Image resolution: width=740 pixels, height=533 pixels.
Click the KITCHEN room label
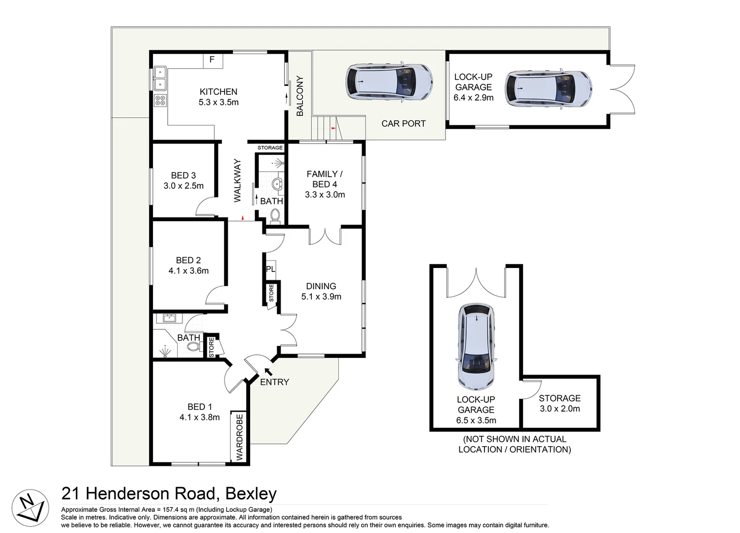click(x=219, y=92)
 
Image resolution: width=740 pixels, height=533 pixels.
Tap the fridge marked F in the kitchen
click(x=212, y=60)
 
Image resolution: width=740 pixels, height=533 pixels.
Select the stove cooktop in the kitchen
click(x=160, y=101)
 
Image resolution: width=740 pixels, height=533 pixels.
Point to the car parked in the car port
click(x=389, y=82)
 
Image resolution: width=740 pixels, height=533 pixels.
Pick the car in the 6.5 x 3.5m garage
click(x=476, y=346)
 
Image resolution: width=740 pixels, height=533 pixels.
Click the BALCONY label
click(x=300, y=96)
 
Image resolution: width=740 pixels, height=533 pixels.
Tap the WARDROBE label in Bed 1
click(x=240, y=437)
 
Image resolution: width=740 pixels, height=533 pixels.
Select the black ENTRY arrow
click(x=268, y=371)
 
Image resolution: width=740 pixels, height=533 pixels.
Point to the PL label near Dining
click(x=270, y=269)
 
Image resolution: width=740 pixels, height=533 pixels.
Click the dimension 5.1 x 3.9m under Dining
click(x=321, y=297)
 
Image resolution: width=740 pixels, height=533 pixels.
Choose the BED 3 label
click(x=184, y=175)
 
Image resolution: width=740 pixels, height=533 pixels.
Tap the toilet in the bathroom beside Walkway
click(x=275, y=215)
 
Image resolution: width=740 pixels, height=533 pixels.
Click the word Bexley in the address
click(x=251, y=494)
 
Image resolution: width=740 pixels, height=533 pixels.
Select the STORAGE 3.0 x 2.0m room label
click(x=559, y=403)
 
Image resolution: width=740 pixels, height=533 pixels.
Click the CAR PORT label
click(x=403, y=124)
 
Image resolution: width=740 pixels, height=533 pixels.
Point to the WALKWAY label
click(x=237, y=180)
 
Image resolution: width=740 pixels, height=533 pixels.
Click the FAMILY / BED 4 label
click(x=324, y=179)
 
